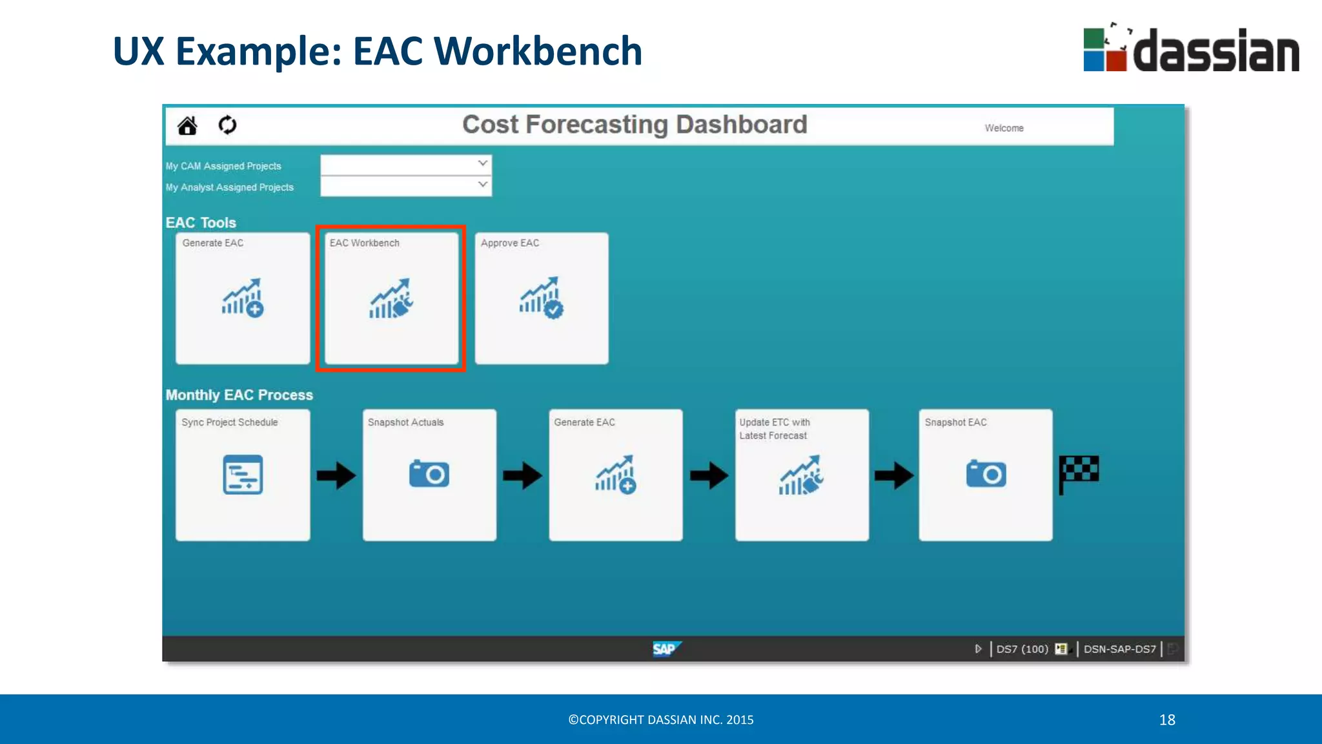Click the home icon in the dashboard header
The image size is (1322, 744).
pos(187,125)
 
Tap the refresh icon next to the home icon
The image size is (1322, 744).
pos(227,125)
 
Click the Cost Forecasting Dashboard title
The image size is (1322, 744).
pos(635,125)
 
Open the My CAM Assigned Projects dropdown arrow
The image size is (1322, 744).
pos(482,163)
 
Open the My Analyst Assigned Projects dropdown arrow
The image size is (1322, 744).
pos(482,185)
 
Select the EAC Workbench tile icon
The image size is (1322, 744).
pos(391,299)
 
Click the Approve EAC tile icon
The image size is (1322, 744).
pos(542,298)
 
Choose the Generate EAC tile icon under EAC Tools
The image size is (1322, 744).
pos(243,298)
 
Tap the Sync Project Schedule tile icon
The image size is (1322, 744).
pos(243,475)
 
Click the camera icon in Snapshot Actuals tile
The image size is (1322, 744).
pos(429,474)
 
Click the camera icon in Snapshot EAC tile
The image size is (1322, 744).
pos(986,474)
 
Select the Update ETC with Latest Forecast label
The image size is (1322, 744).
pos(774,429)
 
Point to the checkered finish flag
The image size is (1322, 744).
pos(1079,474)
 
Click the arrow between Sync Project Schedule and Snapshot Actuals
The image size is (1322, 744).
pos(336,476)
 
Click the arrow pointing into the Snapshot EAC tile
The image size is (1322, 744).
pos(894,476)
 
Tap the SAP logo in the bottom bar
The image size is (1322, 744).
pos(666,648)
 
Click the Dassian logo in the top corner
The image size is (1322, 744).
pos(1191,50)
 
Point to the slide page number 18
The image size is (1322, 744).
pos(1167,719)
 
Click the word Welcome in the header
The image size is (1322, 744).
pos(1004,128)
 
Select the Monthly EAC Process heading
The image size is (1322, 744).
pos(239,395)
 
